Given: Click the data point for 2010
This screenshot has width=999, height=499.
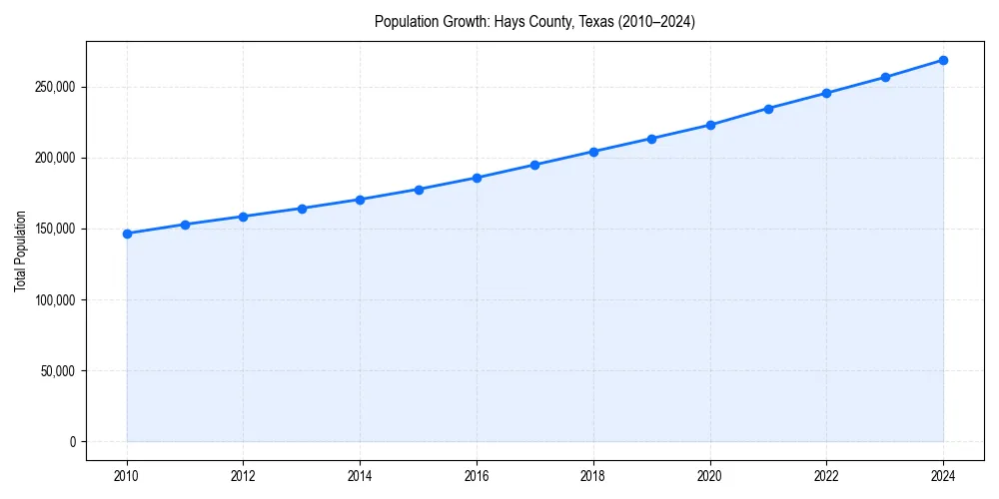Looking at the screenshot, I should coord(127,234).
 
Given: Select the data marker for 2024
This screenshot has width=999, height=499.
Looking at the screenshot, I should coord(943,60).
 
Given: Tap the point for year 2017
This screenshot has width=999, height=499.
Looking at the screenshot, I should coord(535,165).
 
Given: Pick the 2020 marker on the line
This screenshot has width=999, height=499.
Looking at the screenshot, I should coord(710,125).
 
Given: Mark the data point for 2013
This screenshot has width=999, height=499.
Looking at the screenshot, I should coord(302,209).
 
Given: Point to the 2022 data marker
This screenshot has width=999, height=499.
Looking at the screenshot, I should coord(826,93).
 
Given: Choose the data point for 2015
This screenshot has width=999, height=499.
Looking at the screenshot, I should coord(419,189).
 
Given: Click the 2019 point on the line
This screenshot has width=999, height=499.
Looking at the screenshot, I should coord(651,139).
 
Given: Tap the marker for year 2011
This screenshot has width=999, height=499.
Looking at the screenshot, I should coord(185,225).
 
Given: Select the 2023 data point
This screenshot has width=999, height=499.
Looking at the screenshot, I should coord(885,77).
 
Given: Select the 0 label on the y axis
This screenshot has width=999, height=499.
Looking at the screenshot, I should coord(72,441).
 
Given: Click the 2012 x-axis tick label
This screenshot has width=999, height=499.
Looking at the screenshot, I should coord(244,476).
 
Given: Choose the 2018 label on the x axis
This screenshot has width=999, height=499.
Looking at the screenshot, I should coord(593,476).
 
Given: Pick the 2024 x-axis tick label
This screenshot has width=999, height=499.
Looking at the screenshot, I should coord(943,476).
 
